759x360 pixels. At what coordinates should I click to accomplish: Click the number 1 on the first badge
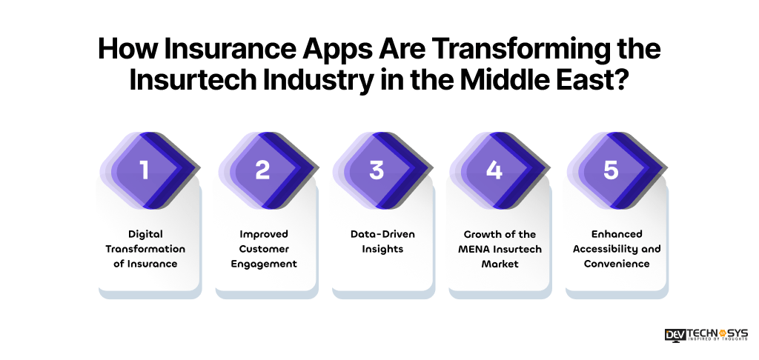click(145, 170)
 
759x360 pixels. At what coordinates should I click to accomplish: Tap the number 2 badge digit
click(262, 170)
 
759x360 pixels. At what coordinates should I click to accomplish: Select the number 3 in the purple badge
click(377, 170)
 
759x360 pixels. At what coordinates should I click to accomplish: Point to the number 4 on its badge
click(494, 170)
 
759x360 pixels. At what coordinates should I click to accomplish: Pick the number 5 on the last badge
click(610, 170)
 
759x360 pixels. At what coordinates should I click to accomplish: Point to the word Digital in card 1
click(145, 234)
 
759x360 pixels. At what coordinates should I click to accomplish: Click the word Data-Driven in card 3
click(382, 234)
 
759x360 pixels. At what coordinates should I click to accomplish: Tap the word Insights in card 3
click(382, 249)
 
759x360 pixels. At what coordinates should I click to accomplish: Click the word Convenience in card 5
click(616, 264)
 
